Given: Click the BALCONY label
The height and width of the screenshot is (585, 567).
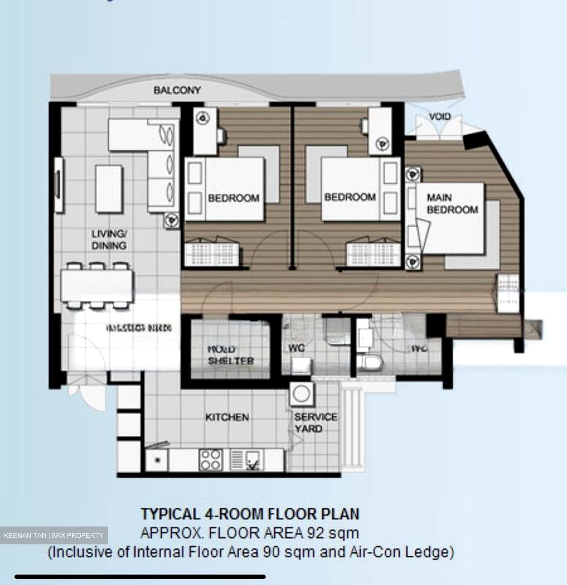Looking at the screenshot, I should click(x=177, y=90).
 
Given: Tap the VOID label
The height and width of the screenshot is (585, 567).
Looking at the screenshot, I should click(x=440, y=117).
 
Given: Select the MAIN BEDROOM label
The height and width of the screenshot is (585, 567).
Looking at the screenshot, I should click(x=452, y=204).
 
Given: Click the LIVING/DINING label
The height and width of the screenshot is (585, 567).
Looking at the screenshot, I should click(x=109, y=239).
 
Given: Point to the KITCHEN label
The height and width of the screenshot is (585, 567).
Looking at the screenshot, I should click(x=227, y=417).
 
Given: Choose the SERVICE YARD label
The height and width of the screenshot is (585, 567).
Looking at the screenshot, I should click(x=315, y=423).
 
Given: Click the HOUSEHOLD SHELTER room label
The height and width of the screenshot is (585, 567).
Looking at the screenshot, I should click(x=230, y=355).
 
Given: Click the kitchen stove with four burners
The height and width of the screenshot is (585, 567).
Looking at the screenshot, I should click(x=211, y=460).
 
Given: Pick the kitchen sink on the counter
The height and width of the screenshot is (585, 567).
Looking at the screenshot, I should click(x=247, y=460).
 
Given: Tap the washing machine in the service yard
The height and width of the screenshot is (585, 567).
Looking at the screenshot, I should click(x=301, y=394).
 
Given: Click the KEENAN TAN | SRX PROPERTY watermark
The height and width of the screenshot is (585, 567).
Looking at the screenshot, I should click(x=54, y=535).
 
